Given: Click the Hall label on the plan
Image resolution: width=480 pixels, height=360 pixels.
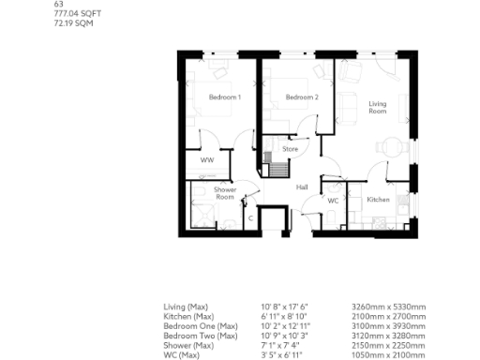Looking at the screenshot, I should click(302, 187).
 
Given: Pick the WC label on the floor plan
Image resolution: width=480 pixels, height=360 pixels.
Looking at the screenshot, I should click(333, 201).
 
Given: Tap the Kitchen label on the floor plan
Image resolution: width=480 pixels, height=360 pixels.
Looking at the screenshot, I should click(378, 200).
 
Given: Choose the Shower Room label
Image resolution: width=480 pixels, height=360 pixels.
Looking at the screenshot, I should click(225, 193).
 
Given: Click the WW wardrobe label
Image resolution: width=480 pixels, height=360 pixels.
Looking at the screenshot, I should click(207, 160).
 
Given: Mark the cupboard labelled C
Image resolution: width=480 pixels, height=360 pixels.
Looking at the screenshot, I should click(250, 217).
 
